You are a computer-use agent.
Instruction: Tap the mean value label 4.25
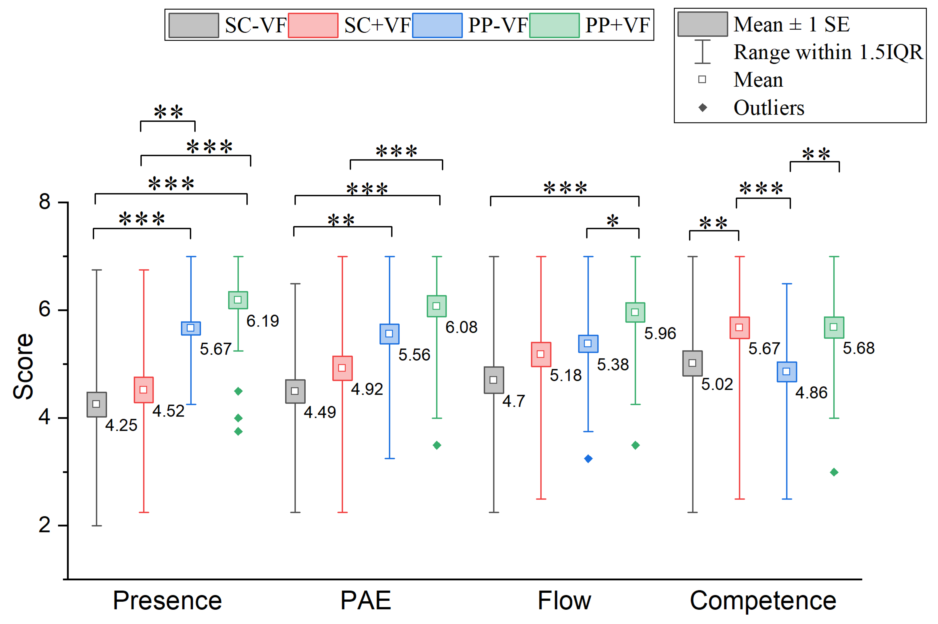click(121, 425)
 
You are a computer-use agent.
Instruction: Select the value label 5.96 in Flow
click(660, 333)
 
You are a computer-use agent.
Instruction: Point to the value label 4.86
click(811, 393)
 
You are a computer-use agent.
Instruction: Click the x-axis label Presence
click(167, 601)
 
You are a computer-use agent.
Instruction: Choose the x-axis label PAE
click(365, 601)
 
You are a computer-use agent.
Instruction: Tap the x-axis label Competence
click(763, 601)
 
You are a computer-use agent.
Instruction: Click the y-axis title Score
click(23, 366)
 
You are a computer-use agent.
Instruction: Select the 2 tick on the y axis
click(45, 525)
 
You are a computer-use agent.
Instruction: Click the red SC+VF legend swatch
click(313, 25)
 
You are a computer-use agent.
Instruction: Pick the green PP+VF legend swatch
click(554, 25)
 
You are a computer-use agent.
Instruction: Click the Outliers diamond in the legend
click(702, 108)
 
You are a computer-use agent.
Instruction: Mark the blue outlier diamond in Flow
click(588, 459)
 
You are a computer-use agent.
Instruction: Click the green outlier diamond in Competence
click(834, 472)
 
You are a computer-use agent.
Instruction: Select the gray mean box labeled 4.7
click(494, 380)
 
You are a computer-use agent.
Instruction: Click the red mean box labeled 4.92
click(342, 368)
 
